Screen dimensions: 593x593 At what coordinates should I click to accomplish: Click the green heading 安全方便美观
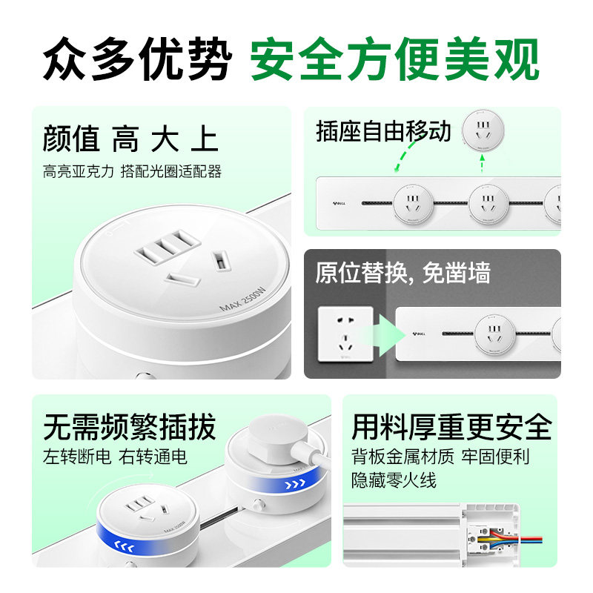click(394, 59)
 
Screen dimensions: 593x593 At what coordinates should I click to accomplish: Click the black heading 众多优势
click(137, 59)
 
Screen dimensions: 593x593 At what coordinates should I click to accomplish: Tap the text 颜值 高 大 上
click(130, 139)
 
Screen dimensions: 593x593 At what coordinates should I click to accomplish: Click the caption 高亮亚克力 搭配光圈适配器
click(132, 172)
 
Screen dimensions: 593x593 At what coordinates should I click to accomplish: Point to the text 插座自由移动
click(382, 131)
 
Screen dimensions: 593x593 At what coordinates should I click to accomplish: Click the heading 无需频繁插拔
click(129, 427)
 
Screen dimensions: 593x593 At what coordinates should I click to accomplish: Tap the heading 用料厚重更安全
click(451, 427)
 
